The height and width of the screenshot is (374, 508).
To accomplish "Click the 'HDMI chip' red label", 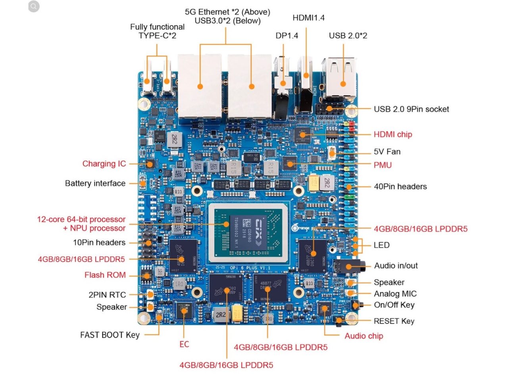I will tap(393, 134).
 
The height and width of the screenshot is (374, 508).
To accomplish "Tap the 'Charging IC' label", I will tap(104, 163).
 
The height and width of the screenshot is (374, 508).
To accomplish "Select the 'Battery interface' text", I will tap(95, 183).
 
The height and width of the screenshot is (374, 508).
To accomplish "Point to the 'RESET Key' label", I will tap(394, 321).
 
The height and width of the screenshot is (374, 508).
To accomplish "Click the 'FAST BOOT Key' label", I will tap(110, 335).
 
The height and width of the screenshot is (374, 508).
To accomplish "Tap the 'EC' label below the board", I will tap(184, 344).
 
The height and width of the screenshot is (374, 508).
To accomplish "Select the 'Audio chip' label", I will tap(364, 336).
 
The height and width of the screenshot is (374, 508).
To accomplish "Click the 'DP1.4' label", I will tap(287, 36).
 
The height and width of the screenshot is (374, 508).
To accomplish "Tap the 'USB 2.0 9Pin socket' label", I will tap(411, 109).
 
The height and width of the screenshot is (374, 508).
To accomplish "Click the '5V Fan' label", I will tap(387, 152).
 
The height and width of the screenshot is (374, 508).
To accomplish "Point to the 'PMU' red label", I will tap(383, 165).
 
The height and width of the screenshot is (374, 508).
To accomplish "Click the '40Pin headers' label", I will tap(400, 186).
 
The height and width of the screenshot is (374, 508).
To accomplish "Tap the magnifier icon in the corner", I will tap(34, 6).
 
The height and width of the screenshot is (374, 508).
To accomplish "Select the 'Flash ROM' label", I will tap(105, 275).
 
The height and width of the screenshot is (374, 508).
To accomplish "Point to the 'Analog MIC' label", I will tap(395, 294).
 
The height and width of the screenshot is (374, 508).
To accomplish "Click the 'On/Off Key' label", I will tap(394, 305).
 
